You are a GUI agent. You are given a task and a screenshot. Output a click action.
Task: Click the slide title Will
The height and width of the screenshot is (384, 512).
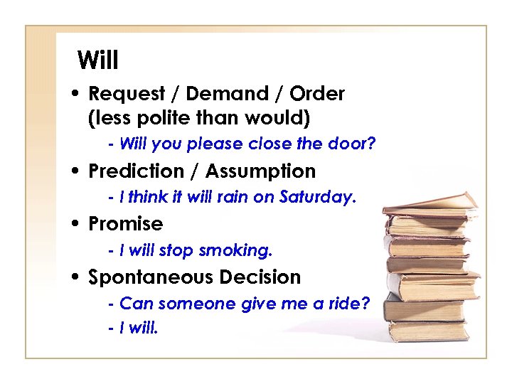tap(98, 60)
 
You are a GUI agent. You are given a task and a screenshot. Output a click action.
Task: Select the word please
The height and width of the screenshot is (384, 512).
tap(215, 144)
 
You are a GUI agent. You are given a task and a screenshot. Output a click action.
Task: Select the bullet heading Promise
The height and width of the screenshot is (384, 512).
tap(125, 224)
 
